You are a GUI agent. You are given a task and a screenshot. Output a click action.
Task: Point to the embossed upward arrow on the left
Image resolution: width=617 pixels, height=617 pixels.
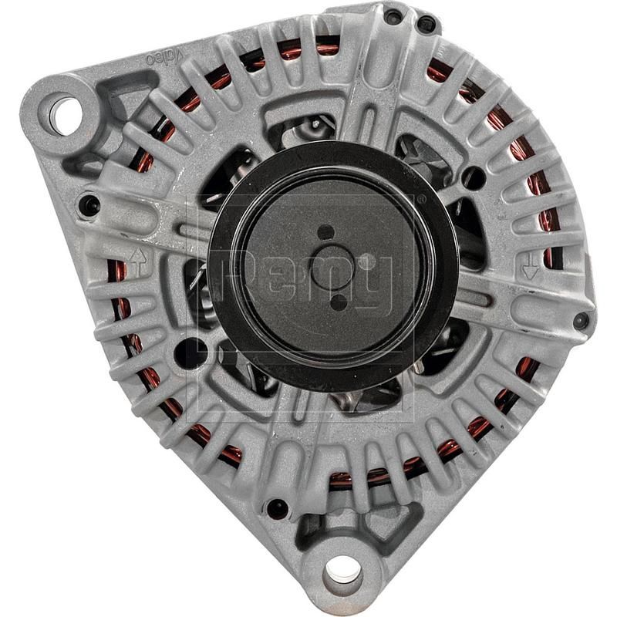pyautogui.click(x=138, y=261)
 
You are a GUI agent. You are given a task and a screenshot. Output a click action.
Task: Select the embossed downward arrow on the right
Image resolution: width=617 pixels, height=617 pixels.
pyautogui.click(x=530, y=268)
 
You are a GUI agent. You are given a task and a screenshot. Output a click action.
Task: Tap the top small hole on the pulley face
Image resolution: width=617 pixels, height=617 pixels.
pyautogui.click(x=326, y=232)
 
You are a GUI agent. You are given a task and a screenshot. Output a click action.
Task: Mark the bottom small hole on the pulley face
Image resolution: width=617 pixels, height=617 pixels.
pyautogui.click(x=338, y=302)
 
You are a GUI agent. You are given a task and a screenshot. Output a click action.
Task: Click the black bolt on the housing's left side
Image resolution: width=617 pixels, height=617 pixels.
pyautogui.click(x=89, y=205)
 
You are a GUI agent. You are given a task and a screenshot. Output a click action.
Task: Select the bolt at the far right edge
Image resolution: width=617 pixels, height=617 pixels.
pyautogui.click(x=581, y=320)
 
